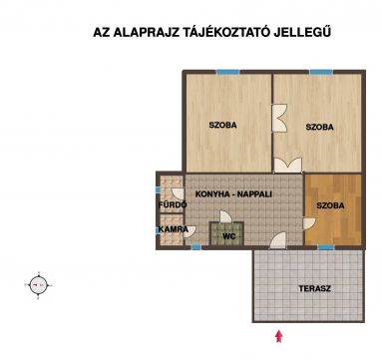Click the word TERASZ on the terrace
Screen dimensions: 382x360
click(314, 288)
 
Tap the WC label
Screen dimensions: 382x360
click(229, 236)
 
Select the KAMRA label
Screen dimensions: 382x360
click(174, 229)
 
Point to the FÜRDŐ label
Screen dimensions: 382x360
click(173, 204)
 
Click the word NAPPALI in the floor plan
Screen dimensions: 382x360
click(254, 194)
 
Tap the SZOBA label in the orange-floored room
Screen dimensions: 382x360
click(330, 205)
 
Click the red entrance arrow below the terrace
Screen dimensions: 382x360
click(279, 336)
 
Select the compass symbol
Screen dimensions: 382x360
click(38, 285)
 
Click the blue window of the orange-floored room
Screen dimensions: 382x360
click(326, 247)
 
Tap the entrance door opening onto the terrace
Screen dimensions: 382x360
click(278, 240)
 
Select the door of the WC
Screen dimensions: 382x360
click(225, 216)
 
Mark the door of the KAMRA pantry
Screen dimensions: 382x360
click(190, 231)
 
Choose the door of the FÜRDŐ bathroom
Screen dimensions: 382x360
click(178, 194)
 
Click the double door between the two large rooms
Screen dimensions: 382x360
click(279, 118)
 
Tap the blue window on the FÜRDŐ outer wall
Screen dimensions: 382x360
click(158, 189)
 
